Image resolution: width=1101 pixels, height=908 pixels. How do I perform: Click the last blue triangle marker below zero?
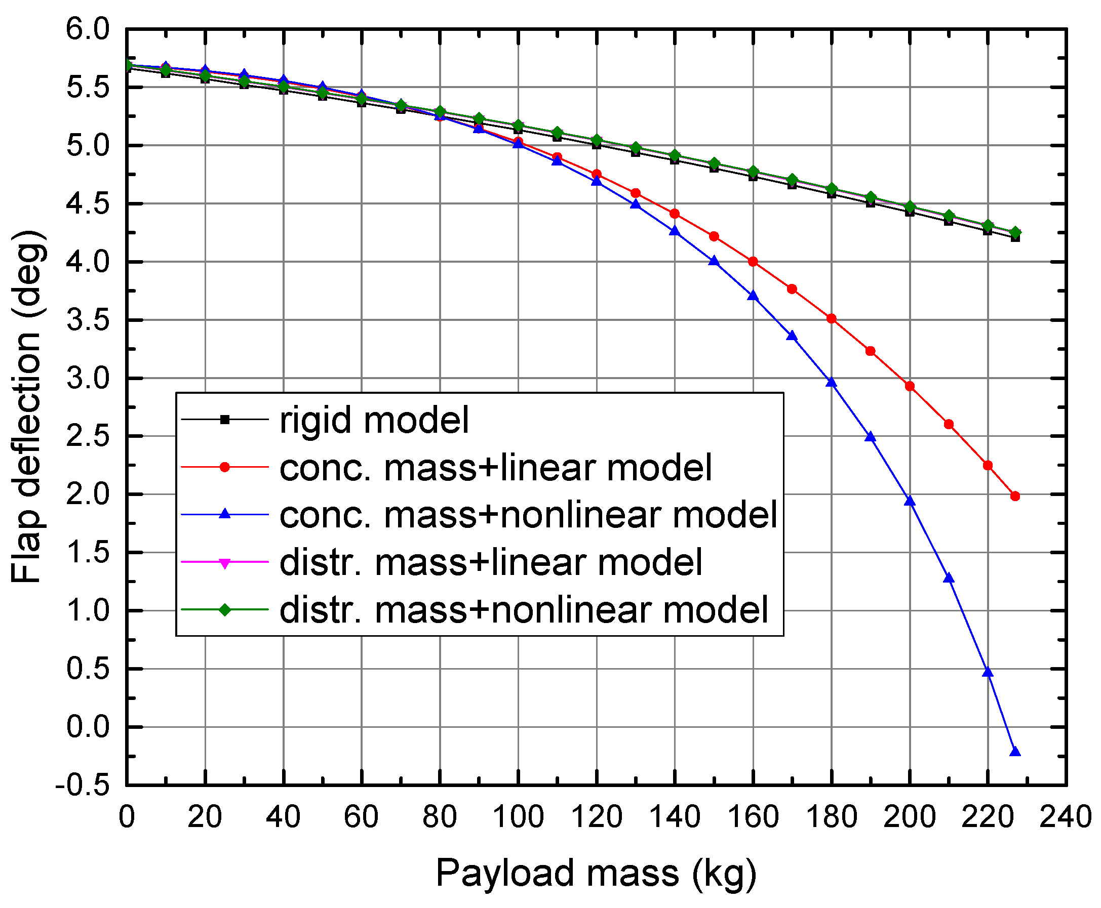pos(1015,752)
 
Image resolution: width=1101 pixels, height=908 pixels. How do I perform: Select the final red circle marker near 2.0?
pos(1015,496)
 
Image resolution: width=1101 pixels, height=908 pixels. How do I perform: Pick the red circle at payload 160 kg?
pos(753,262)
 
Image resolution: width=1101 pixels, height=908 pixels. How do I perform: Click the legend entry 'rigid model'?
pos(374,420)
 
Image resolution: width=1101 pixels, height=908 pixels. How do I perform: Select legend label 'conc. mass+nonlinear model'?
pos(529,515)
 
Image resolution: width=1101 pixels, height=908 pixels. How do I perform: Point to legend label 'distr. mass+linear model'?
pos(491,562)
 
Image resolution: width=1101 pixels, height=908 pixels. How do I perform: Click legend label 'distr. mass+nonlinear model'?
pos(524,609)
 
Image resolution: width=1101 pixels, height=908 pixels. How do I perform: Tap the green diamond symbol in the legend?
pos(224,610)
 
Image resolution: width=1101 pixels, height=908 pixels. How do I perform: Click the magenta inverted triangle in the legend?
pos(224,563)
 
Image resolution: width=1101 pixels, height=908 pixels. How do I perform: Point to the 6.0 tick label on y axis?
pos(88,29)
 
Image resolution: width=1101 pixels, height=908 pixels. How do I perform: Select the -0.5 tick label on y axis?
pos(82,786)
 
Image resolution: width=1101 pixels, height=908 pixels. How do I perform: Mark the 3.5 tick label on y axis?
pos(88,320)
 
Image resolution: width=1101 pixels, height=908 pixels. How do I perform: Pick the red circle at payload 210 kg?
pos(949,424)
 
